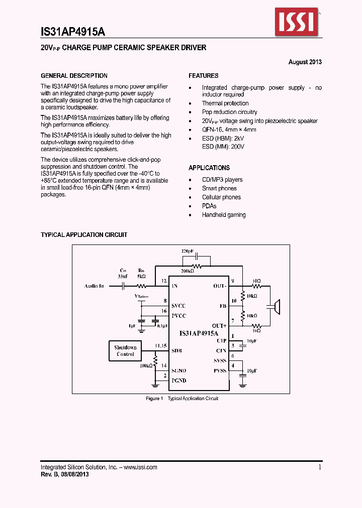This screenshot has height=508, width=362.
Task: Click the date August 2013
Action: click(305, 62)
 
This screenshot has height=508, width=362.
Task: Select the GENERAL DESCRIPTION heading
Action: click(74, 76)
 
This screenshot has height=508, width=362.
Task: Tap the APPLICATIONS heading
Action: click(209, 168)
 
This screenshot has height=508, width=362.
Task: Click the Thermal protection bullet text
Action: click(225, 103)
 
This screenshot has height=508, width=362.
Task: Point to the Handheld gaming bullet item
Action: click(224, 215)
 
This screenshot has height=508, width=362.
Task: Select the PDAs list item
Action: click(209, 206)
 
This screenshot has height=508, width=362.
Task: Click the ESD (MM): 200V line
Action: click(223, 147)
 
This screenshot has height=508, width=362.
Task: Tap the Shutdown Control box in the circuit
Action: click(125, 351)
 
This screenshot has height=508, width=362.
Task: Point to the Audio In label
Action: click(94, 286)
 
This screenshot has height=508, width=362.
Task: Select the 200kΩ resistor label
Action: click(187, 271)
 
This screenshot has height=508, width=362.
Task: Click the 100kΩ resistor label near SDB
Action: click(146, 366)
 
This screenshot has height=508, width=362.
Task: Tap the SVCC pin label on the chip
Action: click(178, 306)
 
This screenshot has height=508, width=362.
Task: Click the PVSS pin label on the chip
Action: click(220, 370)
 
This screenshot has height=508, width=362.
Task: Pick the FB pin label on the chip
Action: click(222, 305)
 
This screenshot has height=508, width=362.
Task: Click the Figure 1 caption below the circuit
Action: click(182, 399)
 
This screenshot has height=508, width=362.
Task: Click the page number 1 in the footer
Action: click(320, 467)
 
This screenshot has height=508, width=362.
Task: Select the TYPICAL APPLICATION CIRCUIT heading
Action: click(84, 235)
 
